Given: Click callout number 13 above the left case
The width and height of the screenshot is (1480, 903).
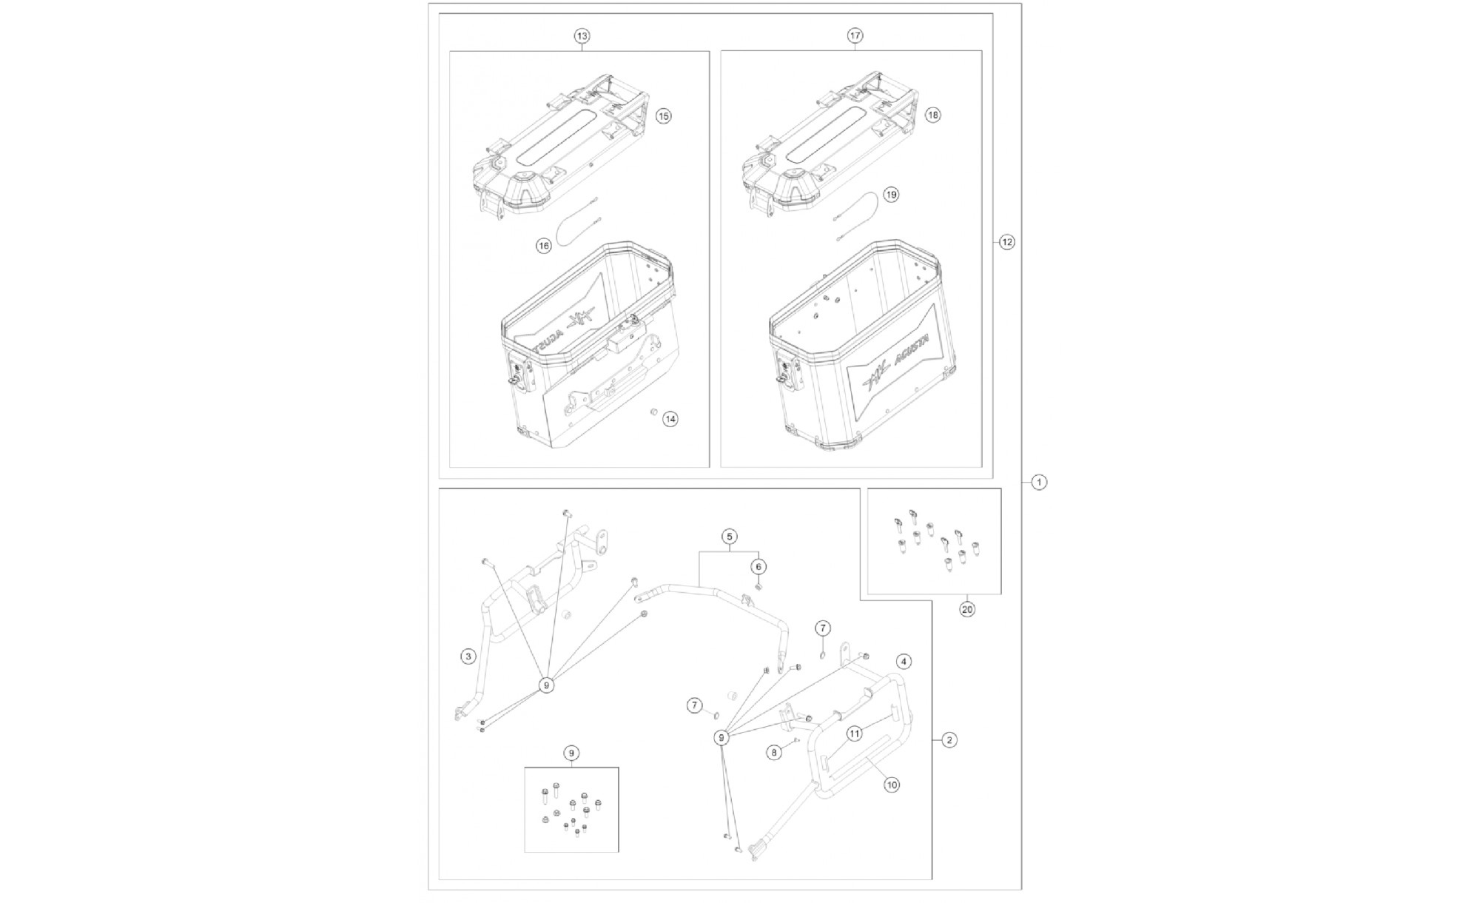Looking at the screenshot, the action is coord(582,36).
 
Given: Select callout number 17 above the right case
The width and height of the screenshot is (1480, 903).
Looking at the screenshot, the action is coord(855,36).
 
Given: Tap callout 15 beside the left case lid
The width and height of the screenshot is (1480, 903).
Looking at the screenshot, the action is coord(664,116).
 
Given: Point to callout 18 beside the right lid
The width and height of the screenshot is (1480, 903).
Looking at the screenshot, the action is coord(933,115).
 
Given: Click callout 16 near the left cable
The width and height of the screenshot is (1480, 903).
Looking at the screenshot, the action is coord(544,246).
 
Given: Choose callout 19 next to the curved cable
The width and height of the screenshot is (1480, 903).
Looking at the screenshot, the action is coord(891,195).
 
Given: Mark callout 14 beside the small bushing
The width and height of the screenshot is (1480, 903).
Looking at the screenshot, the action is coord(670,419).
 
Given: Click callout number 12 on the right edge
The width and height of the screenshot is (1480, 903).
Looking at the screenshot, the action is coord(1007,242).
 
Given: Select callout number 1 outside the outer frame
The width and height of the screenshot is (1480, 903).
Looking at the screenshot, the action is coord(1039,483).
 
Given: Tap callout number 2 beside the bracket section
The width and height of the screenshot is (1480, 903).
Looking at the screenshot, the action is coord(949,739).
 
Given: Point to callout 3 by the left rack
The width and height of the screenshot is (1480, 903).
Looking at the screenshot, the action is coord(468,656).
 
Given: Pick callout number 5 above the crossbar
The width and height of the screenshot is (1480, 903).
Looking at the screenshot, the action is coord(730,536).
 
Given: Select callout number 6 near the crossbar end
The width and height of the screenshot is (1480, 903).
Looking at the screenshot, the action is coord(758,567).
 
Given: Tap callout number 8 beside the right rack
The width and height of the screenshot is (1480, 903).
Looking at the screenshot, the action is coord(774,752).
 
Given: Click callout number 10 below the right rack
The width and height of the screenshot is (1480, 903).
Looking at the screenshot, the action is coord(892,785).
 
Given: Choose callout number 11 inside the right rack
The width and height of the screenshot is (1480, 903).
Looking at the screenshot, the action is coord(855,734).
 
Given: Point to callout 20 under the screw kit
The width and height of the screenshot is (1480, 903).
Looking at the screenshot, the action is coord(967,610).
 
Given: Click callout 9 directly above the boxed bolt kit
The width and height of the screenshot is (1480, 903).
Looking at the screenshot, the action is coord(571,753).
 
